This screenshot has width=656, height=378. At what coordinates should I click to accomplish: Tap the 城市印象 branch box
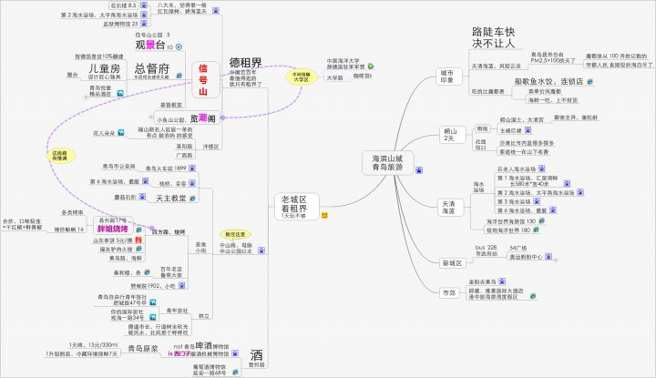(446, 76)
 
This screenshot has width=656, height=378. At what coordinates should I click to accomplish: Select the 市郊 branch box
(448, 293)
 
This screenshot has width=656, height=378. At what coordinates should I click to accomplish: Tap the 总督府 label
(151, 69)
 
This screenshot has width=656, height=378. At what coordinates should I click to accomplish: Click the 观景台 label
(149, 45)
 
